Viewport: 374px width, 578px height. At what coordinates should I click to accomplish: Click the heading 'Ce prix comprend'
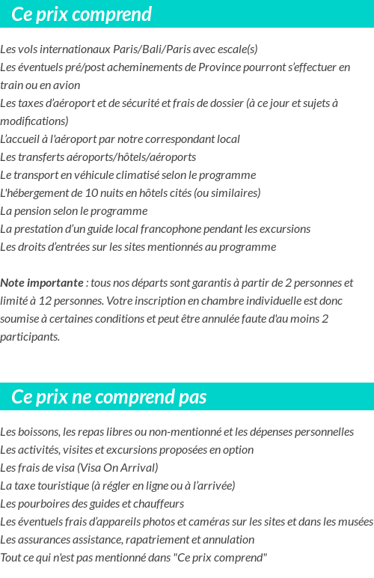coord(82,14)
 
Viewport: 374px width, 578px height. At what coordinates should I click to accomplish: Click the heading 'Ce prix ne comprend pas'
coord(109,397)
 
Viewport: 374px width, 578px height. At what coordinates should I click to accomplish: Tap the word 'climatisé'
coord(150,175)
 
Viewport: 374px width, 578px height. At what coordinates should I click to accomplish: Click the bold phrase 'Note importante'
coord(42,283)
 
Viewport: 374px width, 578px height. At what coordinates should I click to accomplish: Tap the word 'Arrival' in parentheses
coord(136,468)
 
